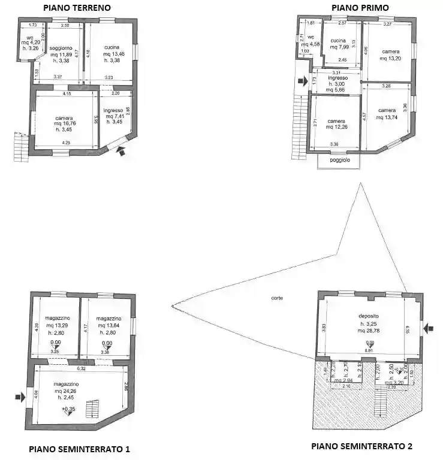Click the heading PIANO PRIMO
pyautogui.click(x=360, y=8)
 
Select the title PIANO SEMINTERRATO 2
pyautogui.click(x=361, y=446)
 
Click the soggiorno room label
pyautogui.click(x=61, y=47)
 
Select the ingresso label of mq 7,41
pyautogui.click(x=113, y=110)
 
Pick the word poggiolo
pyautogui.click(x=338, y=161)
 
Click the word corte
pyautogui.click(x=277, y=298)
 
